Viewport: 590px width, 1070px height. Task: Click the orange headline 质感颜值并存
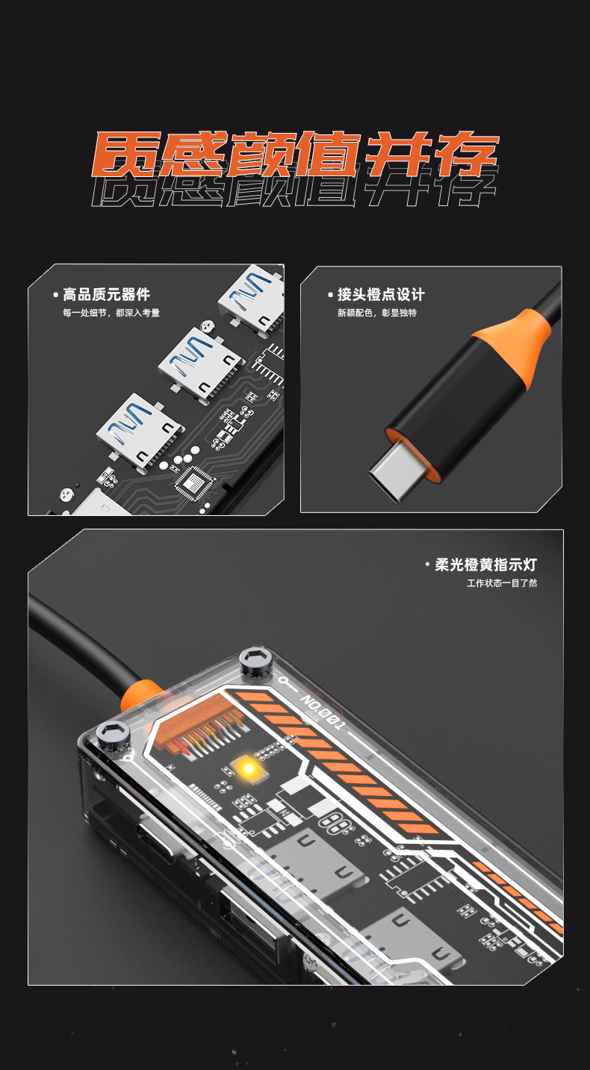click(x=295, y=154)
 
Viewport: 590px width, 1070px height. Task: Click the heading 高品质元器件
click(x=107, y=294)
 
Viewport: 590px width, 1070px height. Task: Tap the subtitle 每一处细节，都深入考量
click(x=111, y=313)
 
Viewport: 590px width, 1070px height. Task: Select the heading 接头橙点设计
click(x=381, y=294)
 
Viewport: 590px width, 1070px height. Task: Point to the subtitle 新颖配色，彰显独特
click(x=377, y=313)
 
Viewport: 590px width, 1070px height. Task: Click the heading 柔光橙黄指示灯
click(x=486, y=564)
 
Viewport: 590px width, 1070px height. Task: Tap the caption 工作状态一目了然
click(x=502, y=583)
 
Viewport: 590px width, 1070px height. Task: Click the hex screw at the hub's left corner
click(x=113, y=733)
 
